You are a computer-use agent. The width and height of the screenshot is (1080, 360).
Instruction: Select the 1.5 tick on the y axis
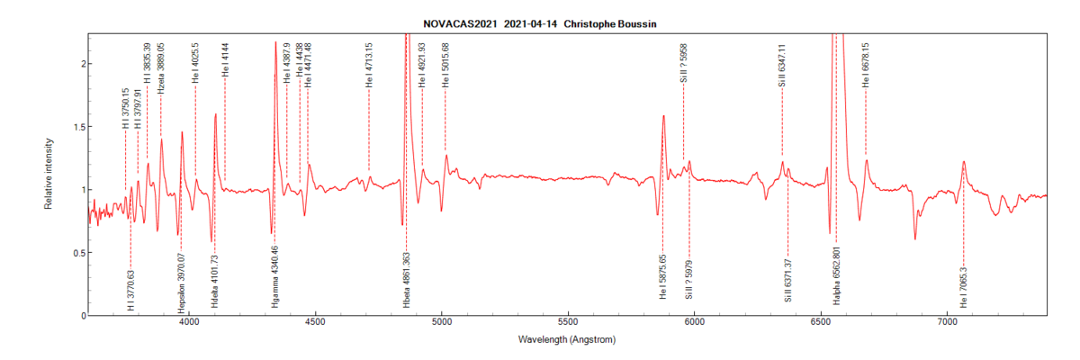(x=80, y=127)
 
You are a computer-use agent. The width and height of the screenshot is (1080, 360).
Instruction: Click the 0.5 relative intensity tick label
(x=80, y=253)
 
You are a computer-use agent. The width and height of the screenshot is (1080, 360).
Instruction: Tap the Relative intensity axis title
(x=49, y=175)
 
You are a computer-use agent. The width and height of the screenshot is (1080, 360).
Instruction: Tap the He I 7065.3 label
(x=964, y=286)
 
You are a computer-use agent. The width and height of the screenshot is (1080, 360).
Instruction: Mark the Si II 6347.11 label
(x=782, y=64)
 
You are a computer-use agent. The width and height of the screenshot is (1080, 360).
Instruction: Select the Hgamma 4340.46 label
(x=274, y=277)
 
